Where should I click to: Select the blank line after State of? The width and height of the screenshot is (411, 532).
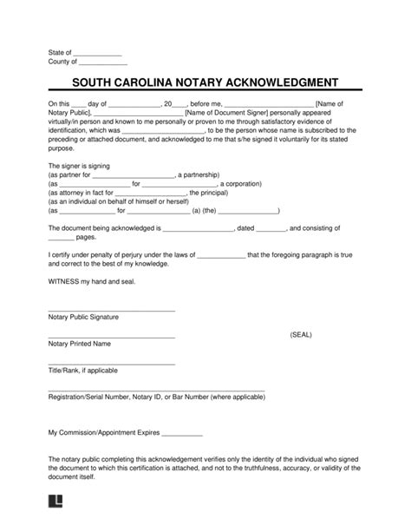[99, 56]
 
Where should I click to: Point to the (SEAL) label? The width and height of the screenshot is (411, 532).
[302, 333]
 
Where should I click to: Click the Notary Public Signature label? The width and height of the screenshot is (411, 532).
[83, 317]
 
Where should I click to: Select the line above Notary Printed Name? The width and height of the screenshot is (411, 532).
[112, 337]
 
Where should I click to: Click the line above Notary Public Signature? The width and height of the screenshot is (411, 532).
[112, 310]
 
